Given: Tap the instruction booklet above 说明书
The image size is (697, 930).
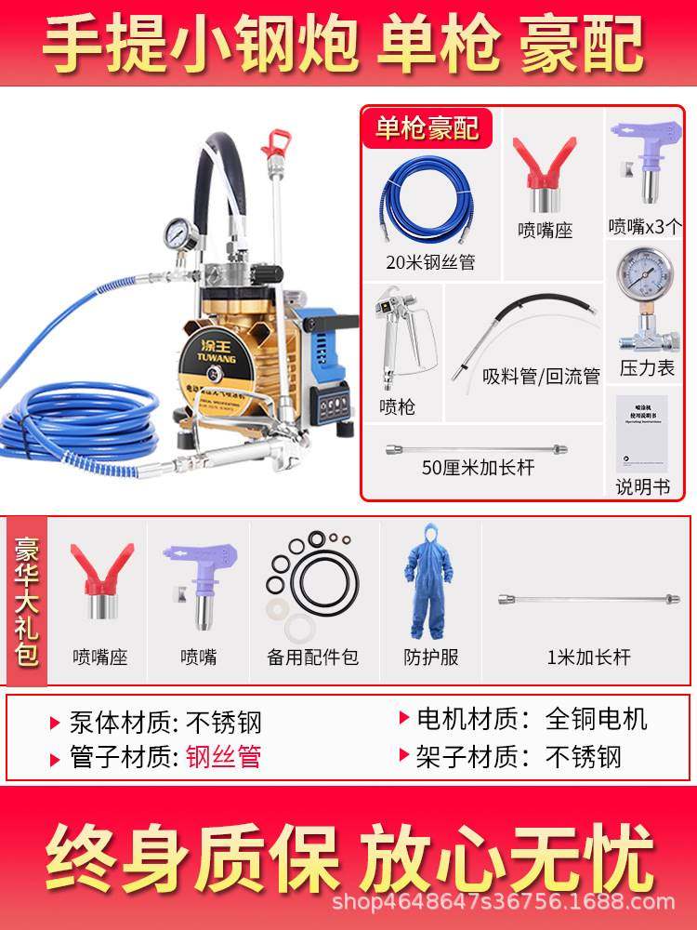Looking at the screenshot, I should tap(642, 434).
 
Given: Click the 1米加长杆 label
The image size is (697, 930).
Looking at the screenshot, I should tap(589, 658).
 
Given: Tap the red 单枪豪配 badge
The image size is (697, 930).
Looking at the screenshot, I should tap(427, 126).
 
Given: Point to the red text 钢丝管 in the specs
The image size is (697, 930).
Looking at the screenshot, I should tap(223, 756).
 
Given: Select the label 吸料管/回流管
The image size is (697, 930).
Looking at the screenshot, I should tap(541, 376).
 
